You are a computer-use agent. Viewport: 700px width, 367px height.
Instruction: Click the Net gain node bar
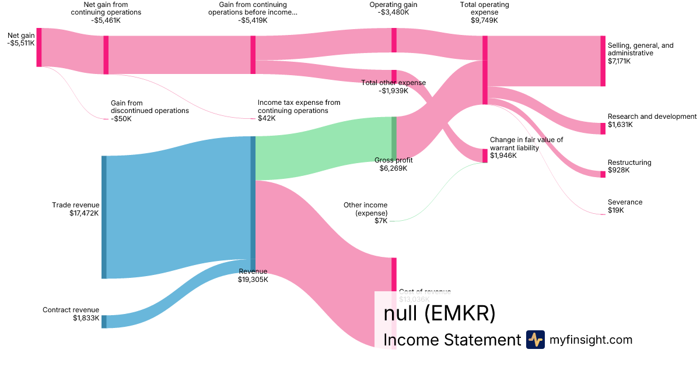pos(39,47)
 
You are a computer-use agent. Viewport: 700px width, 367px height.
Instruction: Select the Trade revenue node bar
pos(104,217)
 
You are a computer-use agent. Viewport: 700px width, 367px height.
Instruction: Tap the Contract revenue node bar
pos(104,322)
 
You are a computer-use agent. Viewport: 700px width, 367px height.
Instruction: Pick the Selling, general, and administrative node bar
pos(603,61)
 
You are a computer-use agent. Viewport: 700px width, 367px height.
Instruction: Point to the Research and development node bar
pos(603,129)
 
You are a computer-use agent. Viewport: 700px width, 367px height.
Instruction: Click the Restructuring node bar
pos(603,174)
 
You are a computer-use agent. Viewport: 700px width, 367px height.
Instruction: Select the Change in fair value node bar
pos(485,156)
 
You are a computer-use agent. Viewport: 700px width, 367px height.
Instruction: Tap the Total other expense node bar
pos(394,76)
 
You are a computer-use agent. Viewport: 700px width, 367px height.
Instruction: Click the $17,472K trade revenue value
pos(84,213)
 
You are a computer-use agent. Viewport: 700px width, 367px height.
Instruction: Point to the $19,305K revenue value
pos(253,280)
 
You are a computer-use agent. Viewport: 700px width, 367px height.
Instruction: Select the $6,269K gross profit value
pos(393,168)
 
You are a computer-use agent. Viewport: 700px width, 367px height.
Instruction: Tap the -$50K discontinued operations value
pos(121,119)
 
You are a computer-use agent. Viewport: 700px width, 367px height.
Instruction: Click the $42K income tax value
pos(267,118)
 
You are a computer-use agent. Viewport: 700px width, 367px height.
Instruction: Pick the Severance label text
pos(625,202)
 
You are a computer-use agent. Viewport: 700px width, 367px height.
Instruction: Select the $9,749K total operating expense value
pos(484,20)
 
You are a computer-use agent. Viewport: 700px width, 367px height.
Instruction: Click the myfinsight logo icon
pos(535,340)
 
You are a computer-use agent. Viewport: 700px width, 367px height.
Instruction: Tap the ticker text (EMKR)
pos(460,313)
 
